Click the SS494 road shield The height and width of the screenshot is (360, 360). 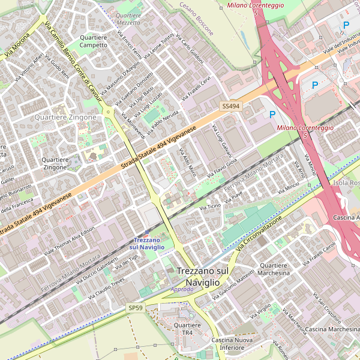(230, 106)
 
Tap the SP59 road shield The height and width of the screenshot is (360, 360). (136, 308)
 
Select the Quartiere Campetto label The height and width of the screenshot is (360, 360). (94, 41)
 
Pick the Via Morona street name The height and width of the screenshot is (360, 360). (17, 45)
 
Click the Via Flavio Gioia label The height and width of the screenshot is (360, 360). (223, 167)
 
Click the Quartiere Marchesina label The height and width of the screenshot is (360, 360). (274, 269)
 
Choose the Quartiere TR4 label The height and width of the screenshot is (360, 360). (187, 329)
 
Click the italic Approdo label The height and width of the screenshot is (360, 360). (182, 289)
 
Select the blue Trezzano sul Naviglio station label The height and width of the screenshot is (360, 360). (147, 244)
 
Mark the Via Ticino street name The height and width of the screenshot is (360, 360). (210, 206)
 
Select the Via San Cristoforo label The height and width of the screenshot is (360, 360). (329, 309)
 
